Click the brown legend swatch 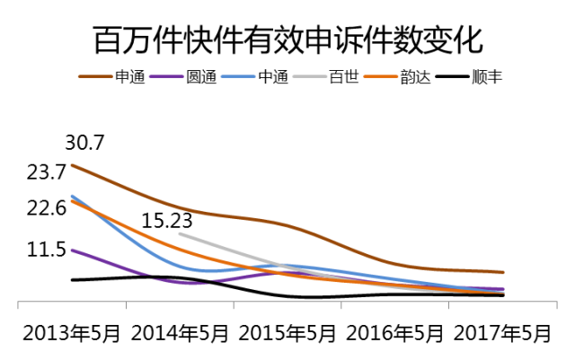point(95,76)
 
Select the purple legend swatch point(166,76)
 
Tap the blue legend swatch point(238,76)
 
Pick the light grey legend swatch point(310,76)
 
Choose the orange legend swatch point(381,76)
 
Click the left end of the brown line point(72,164)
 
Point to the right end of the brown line point(503,272)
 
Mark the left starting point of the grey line point(180,233)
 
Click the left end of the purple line point(72,250)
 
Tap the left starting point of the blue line point(72,195)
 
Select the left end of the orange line point(72,201)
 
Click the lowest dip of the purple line point(199,284)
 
